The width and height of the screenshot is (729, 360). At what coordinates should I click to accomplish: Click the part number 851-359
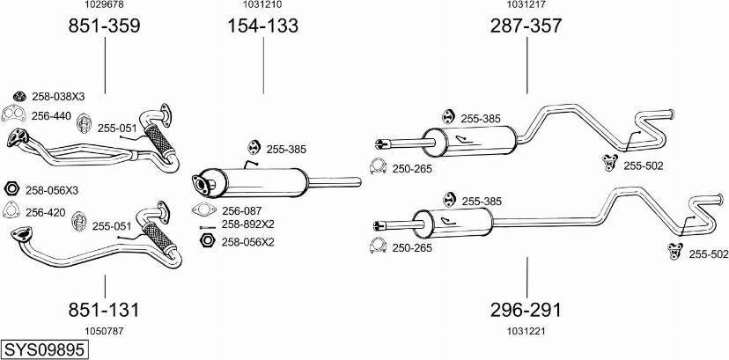pos(104,26)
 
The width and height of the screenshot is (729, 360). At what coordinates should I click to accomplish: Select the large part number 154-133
pos(262,26)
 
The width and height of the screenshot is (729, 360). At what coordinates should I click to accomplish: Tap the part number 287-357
pos(526,26)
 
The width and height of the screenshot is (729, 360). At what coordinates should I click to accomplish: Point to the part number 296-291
pos(526,310)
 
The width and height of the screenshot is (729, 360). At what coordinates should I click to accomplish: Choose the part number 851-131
pos(104,310)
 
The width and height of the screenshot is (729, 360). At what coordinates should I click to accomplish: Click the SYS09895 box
pos(45,349)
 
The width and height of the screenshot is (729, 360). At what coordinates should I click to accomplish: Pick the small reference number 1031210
pos(262,4)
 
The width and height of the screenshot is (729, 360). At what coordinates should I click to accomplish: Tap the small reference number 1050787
pos(104,331)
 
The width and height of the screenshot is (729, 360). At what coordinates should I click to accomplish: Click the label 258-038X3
pos(58,97)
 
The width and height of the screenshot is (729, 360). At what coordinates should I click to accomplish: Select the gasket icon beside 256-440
pos(13,114)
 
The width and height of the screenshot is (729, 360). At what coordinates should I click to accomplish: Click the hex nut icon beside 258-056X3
pos(11,189)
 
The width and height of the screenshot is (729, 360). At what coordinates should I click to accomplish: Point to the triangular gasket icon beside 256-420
pos(11,210)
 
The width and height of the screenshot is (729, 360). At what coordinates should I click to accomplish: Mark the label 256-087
pos(242,210)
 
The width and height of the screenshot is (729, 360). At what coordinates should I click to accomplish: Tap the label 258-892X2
pos(247,224)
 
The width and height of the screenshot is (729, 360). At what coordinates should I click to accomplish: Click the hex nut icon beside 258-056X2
pos(206,240)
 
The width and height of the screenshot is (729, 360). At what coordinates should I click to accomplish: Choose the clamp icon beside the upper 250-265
pos(378,166)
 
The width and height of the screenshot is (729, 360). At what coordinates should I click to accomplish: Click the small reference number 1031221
pos(526,331)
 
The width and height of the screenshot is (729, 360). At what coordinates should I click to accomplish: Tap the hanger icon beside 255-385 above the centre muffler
pos(254,147)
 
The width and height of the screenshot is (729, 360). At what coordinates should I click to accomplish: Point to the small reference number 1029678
pos(104,4)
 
